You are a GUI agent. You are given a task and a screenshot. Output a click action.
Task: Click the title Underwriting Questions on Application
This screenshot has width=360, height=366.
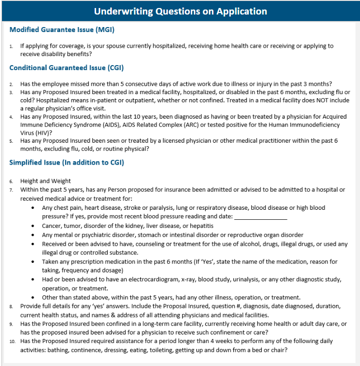coord(180,11)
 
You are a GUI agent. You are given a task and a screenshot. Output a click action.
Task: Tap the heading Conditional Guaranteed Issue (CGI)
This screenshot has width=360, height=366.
coord(67,68)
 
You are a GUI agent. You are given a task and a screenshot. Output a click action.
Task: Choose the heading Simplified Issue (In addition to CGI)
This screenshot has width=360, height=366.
coord(67,162)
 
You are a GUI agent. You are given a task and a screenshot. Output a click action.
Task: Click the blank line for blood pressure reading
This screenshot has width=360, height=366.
coord(260,216)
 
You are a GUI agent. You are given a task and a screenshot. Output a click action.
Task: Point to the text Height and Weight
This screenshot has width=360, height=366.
coord(46,181)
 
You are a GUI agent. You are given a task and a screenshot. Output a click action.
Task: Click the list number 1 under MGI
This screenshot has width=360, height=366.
coord(12,46)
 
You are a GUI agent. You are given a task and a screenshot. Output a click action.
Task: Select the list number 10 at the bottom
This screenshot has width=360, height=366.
coord(13,341)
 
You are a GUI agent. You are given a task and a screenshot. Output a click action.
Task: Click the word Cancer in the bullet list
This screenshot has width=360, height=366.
coord(52,226)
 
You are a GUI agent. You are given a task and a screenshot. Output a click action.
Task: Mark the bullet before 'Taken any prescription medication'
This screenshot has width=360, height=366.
coord(33,262)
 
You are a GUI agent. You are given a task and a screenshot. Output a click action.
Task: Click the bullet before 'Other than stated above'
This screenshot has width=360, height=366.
coord(33,297)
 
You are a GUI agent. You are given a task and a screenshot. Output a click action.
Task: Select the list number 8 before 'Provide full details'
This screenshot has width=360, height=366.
coord(12,306)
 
